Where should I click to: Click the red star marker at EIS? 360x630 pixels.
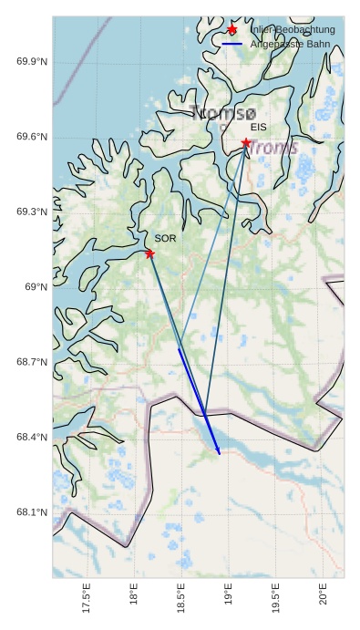click(246, 143)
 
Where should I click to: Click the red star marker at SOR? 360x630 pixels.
click(149, 253)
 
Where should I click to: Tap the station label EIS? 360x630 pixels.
click(258, 128)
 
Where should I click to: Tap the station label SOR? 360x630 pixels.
click(165, 238)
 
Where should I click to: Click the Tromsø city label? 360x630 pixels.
click(224, 114)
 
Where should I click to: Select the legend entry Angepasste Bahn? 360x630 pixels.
click(289, 44)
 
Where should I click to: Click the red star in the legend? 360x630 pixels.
click(232, 30)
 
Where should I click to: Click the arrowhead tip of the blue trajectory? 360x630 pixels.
click(220, 454)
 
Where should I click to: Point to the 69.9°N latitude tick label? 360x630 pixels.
click(32, 62)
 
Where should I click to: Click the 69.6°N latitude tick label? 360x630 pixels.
click(32, 138)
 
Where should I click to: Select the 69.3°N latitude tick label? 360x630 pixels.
click(32, 212)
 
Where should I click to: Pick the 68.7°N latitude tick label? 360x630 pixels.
click(32, 362)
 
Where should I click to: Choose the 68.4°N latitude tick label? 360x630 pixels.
click(32, 438)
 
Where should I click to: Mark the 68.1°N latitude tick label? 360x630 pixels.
click(32, 512)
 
